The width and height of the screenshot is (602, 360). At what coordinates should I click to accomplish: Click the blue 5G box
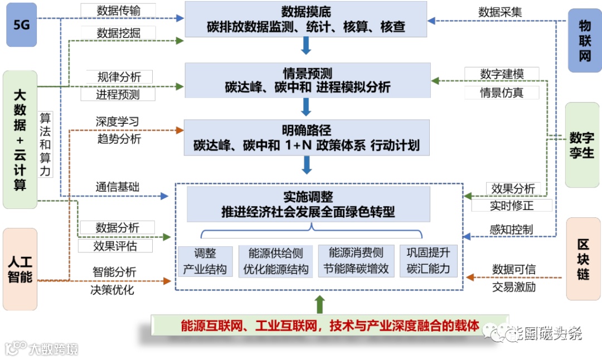click(x=21, y=25)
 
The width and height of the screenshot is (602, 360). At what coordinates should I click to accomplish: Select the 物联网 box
click(x=585, y=41)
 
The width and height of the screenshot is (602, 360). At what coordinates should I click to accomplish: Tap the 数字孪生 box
click(x=582, y=145)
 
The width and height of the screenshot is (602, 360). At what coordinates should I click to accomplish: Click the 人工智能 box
click(x=20, y=269)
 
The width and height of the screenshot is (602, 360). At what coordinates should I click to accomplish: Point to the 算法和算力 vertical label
click(x=45, y=144)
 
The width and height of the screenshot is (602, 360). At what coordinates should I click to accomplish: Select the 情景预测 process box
click(x=307, y=80)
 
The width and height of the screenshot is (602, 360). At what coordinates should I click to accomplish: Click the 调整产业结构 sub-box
click(x=205, y=261)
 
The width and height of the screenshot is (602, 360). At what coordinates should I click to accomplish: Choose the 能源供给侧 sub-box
click(x=275, y=261)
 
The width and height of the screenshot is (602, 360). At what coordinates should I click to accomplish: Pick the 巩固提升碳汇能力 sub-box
click(x=428, y=261)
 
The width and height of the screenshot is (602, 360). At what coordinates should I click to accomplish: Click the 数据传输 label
click(x=118, y=10)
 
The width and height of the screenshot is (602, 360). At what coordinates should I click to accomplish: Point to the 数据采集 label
click(x=500, y=11)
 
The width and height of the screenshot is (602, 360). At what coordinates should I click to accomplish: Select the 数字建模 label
click(x=502, y=74)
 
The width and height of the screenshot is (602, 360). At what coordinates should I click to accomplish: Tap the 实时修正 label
click(x=512, y=206)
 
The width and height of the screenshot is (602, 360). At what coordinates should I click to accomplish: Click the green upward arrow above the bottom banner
click(x=319, y=304)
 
